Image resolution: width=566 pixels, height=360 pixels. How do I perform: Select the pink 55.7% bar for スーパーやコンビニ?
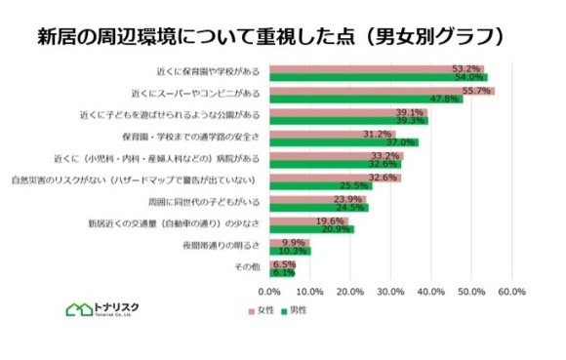[381, 91]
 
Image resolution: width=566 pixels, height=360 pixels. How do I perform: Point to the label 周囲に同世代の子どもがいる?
[204, 203]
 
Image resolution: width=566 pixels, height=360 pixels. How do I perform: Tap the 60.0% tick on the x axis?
[511, 292]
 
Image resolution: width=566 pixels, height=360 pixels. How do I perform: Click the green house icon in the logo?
[75, 309]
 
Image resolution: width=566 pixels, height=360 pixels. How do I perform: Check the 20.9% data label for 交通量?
[336, 229]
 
